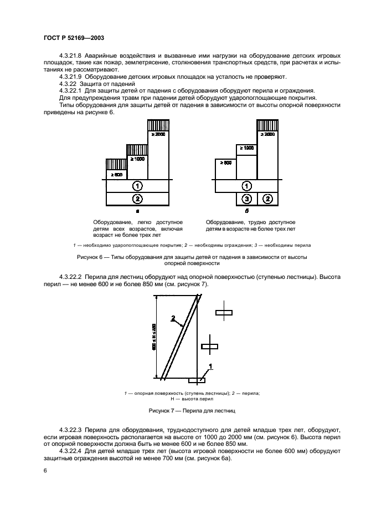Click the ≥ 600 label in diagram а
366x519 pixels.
pos(116,174)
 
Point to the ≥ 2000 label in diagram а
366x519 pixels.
pos(158,134)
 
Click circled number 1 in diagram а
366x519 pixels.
pos(138,186)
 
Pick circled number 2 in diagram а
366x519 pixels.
pos(138,199)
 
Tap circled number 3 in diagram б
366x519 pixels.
pos(248,199)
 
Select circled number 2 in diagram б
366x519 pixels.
pos(267,199)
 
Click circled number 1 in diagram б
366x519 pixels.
pos(248,186)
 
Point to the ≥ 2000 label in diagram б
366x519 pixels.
pos(267,134)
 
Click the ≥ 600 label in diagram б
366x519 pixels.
pos(225,163)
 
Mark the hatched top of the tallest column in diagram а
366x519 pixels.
pos(158,125)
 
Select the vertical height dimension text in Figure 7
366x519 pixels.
pos(154,336)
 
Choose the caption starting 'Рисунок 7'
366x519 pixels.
pos(192,411)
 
